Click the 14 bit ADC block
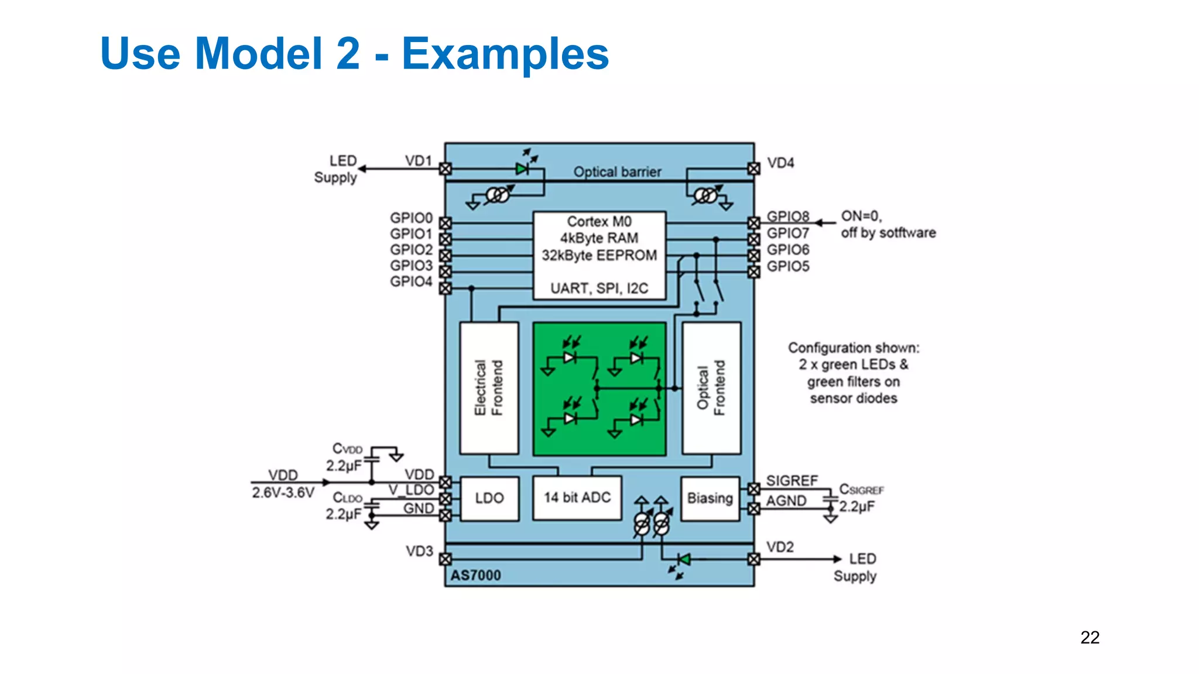pos(577,498)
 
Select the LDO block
pos(489,498)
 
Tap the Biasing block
pos(710,498)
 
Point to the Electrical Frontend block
pos(489,388)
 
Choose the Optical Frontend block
pos(711,388)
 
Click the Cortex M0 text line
pos(599,222)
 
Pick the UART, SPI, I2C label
pos(599,288)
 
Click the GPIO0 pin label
pos(411,218)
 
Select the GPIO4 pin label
pos(411,282)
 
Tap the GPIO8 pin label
pos(788,217)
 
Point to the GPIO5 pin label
pos(788,267)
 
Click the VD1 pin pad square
pos(446,169)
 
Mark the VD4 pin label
pos(780,163)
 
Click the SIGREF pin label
pos(792,481)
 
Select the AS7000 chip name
pos(475,576)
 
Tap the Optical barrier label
pos(617,172)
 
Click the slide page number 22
pos(1090,637)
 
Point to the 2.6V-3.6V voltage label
pos(283,493)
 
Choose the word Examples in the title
pos(505,54)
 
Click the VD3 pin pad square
pos(446,559)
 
